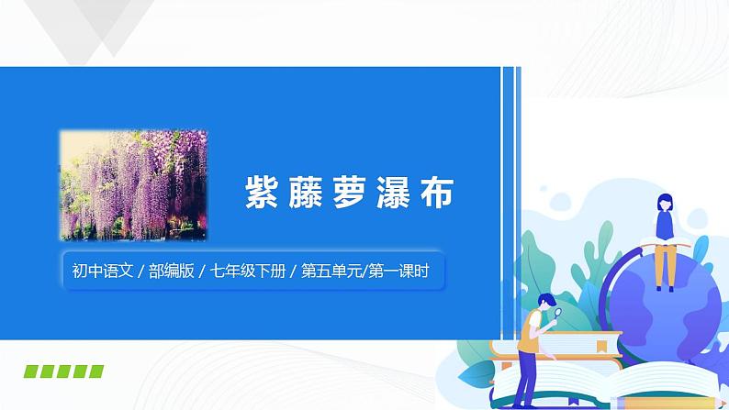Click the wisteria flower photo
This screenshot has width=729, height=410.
pos(133,183)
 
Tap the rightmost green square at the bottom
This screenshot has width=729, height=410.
pos(95,371)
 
